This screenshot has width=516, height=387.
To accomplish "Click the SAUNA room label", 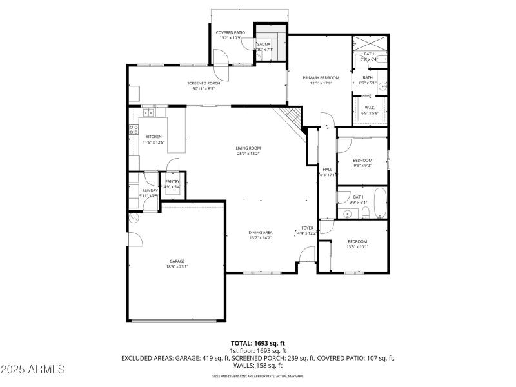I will click(264, 44).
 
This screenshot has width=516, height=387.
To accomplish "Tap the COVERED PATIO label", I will click(230, 32).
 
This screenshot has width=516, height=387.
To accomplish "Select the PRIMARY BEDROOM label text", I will click(321, 77).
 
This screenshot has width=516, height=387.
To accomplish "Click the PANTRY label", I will click(172, 182).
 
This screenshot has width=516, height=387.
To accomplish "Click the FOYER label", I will click(308, 228).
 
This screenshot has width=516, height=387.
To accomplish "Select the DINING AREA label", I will click(261, 232).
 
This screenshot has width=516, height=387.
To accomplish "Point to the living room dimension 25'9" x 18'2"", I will click(248, 154).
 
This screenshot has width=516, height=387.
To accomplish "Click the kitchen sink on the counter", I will click(148, 112).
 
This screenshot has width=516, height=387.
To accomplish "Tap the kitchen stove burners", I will click(134, 132).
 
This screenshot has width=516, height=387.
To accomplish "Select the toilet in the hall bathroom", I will click(365, 213).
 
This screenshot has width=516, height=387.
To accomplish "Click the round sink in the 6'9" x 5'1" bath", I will click(381, 85).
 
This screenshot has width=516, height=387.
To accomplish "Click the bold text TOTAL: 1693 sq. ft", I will click(258, 343).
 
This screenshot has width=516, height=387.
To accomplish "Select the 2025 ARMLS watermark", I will click(33, 370).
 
